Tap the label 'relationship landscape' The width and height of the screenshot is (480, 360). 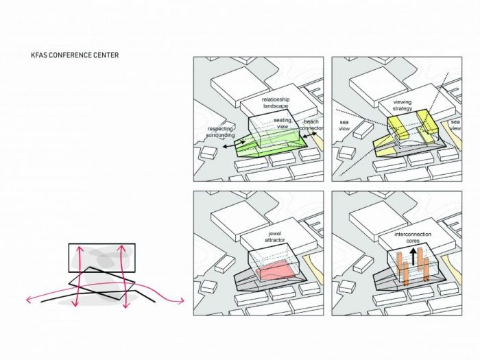click(276, 104)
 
